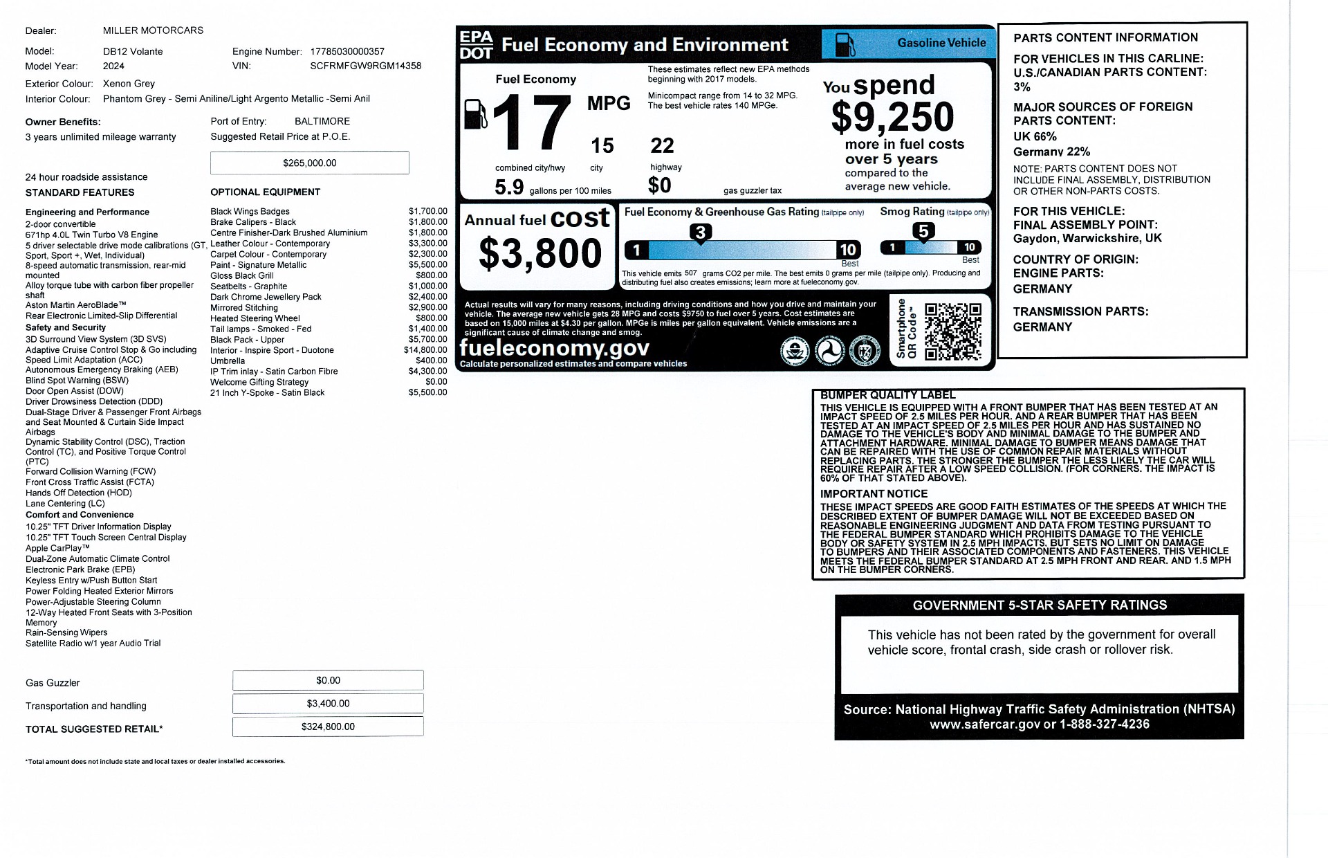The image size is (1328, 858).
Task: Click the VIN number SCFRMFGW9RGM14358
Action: [x=365, y=66]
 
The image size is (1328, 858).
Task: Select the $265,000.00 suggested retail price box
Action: [x=309, y=163]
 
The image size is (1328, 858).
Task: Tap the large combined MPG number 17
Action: [x=531, y=123]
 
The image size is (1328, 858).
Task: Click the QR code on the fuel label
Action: [x=952, y=332]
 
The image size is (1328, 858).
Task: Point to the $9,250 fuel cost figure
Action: [x=892, y=117]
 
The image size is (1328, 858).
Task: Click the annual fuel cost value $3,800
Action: [x=539, y=253]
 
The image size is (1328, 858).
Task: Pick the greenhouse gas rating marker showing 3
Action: [x=700, y=232]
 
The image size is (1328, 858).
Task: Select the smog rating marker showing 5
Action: [x=923, y=231]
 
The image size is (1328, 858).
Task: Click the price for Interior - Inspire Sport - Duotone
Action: [x=425, y=350]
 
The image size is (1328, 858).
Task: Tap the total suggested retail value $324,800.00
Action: [x=328, y=727]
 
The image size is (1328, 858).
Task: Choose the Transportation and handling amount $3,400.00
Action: [x=328, y=704]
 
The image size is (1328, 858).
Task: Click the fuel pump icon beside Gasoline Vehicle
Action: [x=845, y=44]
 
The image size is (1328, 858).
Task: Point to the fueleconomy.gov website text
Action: [x=554, y=347]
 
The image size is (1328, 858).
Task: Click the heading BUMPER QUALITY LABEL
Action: [x=887, y=395]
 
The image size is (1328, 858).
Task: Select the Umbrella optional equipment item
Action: [x=228, y=360]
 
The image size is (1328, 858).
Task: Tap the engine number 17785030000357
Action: [x=347, y=51]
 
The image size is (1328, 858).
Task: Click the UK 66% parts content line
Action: [x=1035, y=136]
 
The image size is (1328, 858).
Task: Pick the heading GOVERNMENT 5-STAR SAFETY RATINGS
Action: [x=1039, y=605]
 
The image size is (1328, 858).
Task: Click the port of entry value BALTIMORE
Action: [x=322, y=121]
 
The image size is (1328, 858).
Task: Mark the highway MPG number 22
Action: [x=662, y=146]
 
